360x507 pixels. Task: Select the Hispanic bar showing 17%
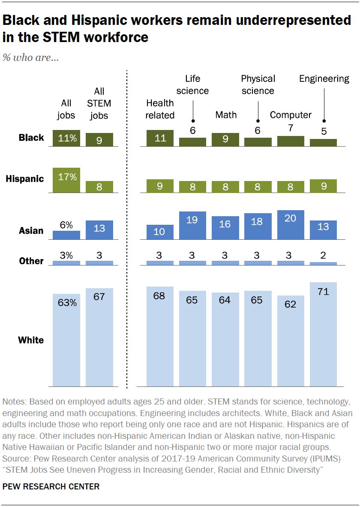pyautogui.click(x=66, y=180)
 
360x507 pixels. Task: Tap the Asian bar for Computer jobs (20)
pyautogui.click(x=291, y=224)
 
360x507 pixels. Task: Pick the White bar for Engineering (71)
pyautogui.click(x=323, y=334)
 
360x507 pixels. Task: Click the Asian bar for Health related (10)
pyautogui.click(x=160, y=232)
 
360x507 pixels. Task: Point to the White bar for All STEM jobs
pyautogui.click(x=99, y=337)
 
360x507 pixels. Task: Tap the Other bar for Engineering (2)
pyautogui.click(x=323, y=263)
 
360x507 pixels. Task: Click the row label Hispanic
pyautogui.click(x=25, y=179)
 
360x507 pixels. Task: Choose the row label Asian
pyautogui.click(x=31, y=231)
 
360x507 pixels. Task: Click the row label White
pyautogui.click(x=31, y=340)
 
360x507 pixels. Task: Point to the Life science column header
pyautogui.click(x=192, y=84)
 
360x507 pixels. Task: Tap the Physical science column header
pyautogui.click(x=258, y=84)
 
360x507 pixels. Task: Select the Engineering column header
pyautogui.click(x=324, y=78)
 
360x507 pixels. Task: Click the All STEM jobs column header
pyautogui.click(x=99, y=103)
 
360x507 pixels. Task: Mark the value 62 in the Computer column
pyautogui.click(x=291, y=305)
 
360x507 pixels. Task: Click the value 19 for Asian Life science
pyautogui.click(x=192, y=219)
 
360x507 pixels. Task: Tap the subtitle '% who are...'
pyautogui.click(x=30, y=57)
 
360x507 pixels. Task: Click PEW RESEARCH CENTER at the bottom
pyautogui.click(x=51, y=486)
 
